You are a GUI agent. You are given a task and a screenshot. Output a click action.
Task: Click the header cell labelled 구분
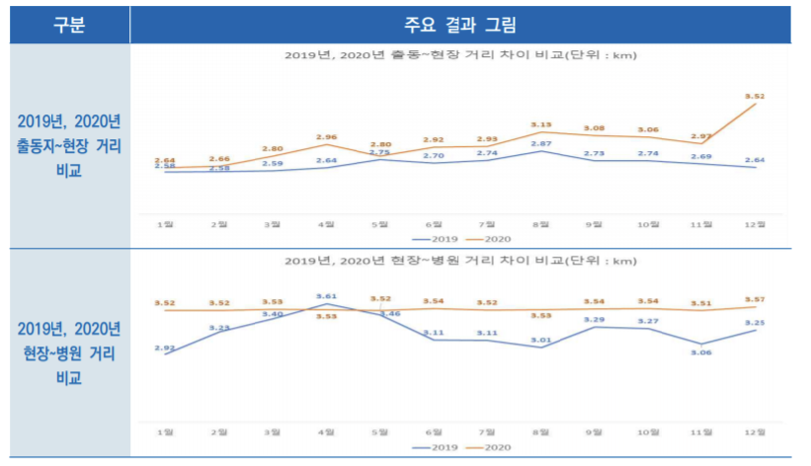[x=68, y=25]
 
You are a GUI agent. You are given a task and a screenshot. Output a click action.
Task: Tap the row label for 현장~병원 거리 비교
[x=68, y=350]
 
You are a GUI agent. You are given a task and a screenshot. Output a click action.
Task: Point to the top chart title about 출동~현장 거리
[x=461, y=55]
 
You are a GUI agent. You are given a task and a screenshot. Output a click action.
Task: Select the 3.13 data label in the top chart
[x=541, y=124]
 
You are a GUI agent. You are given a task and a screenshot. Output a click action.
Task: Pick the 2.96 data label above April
[x=327, y=137]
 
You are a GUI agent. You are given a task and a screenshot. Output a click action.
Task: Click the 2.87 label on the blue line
[x=541, y=145]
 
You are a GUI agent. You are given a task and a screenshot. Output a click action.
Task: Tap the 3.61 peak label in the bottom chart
[x=327, y=295]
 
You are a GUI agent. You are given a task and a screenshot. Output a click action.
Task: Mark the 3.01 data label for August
[x=541, y=341]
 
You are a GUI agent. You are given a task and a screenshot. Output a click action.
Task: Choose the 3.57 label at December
[x=756, y=299]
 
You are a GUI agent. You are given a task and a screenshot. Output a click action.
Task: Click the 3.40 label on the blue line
[x=274, y=314]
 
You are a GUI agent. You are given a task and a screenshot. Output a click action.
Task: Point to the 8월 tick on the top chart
[x=541, y=225]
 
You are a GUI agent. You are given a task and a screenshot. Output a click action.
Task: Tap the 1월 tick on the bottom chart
[x=166, y=432]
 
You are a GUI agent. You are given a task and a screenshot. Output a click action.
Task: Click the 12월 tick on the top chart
[x=756, y=225]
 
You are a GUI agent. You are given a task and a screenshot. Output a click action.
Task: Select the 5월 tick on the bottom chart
[x=380, y=432]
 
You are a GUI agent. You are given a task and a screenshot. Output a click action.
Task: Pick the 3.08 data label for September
[x=595, y=128]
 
